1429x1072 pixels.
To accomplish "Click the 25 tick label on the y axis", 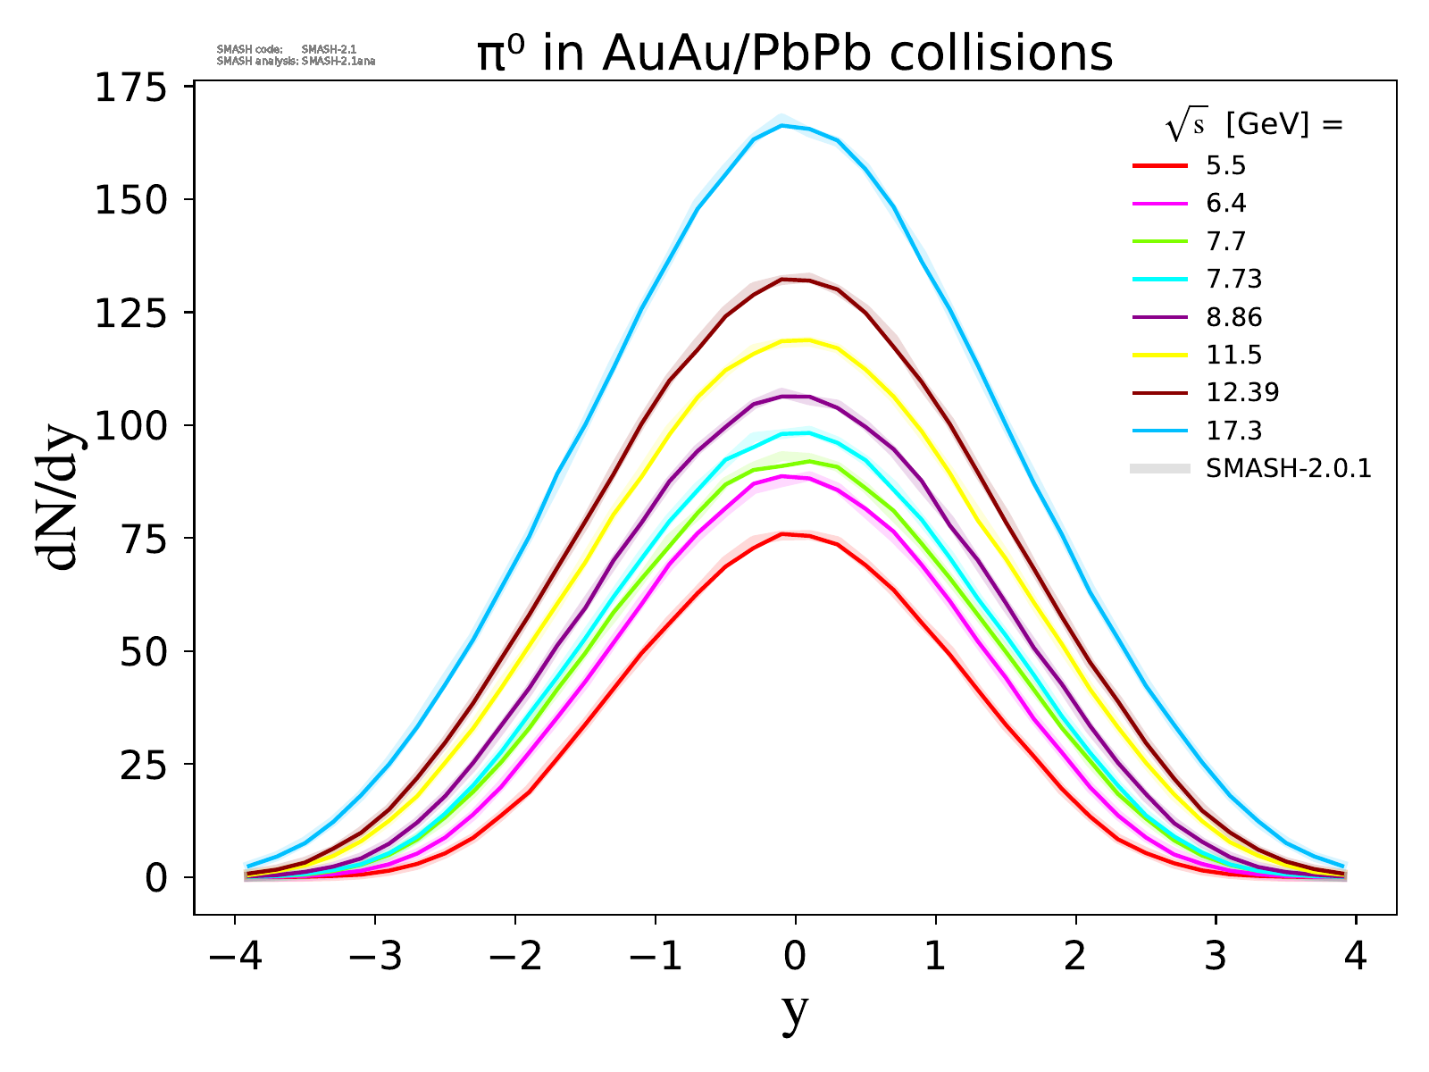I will click(142, 764).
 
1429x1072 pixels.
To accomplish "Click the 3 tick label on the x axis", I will click(1216, 958).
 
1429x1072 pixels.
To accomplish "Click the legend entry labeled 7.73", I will click(1233, 280).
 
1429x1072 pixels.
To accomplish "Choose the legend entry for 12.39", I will click(1242, 392).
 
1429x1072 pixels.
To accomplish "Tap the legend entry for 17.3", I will click(1233, 431).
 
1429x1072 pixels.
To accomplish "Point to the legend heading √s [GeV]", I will click(1254, 126).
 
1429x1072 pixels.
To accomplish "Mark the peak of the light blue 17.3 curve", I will click(783, 126).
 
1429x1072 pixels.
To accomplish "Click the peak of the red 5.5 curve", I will click(782, 534).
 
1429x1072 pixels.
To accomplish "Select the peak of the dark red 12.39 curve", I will click(783, 280).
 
